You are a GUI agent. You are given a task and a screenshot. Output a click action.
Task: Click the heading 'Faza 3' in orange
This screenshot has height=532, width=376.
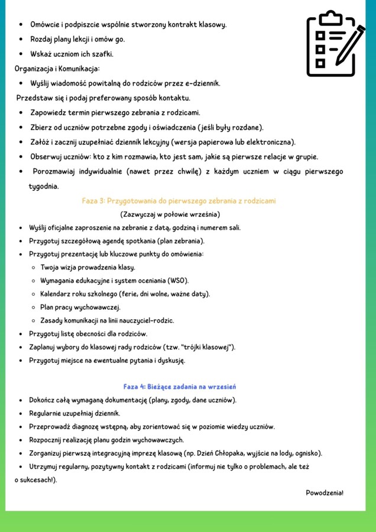(179, 201)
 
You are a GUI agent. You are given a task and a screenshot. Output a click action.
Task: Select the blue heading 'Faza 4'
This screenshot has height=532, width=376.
(180, 387)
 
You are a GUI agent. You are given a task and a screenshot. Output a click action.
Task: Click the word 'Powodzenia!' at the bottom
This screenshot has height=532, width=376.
(325, 493)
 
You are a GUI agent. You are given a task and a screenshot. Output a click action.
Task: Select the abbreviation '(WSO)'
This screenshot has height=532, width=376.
(177, 280)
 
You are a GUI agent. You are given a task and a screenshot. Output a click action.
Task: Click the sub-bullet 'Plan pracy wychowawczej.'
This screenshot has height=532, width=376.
(80, 307)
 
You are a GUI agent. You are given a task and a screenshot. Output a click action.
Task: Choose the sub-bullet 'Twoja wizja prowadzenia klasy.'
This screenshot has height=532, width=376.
(87, 267)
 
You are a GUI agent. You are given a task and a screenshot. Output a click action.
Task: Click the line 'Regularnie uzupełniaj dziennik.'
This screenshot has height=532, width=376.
(74, 413)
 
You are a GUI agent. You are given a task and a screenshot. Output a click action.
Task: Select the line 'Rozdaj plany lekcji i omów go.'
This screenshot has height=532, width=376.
(77, 40)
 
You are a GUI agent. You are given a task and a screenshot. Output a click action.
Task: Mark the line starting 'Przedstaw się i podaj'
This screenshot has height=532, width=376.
(103, 98)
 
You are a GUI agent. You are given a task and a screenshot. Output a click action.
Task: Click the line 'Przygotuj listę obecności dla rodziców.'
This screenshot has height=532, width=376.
(88, 334)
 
